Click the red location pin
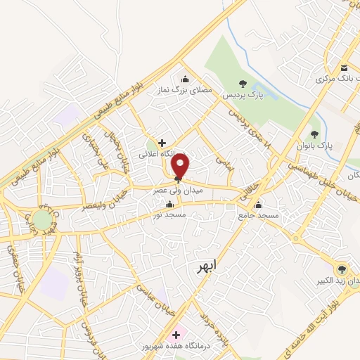point(181,167)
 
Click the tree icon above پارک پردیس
point(243,83)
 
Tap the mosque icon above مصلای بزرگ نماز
point(185,78)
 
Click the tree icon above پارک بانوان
point(314,134)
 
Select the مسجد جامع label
point(259,217)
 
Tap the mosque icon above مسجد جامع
point(259,206)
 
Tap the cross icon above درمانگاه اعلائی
point(162,143)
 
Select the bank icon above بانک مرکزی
point(344,67)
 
